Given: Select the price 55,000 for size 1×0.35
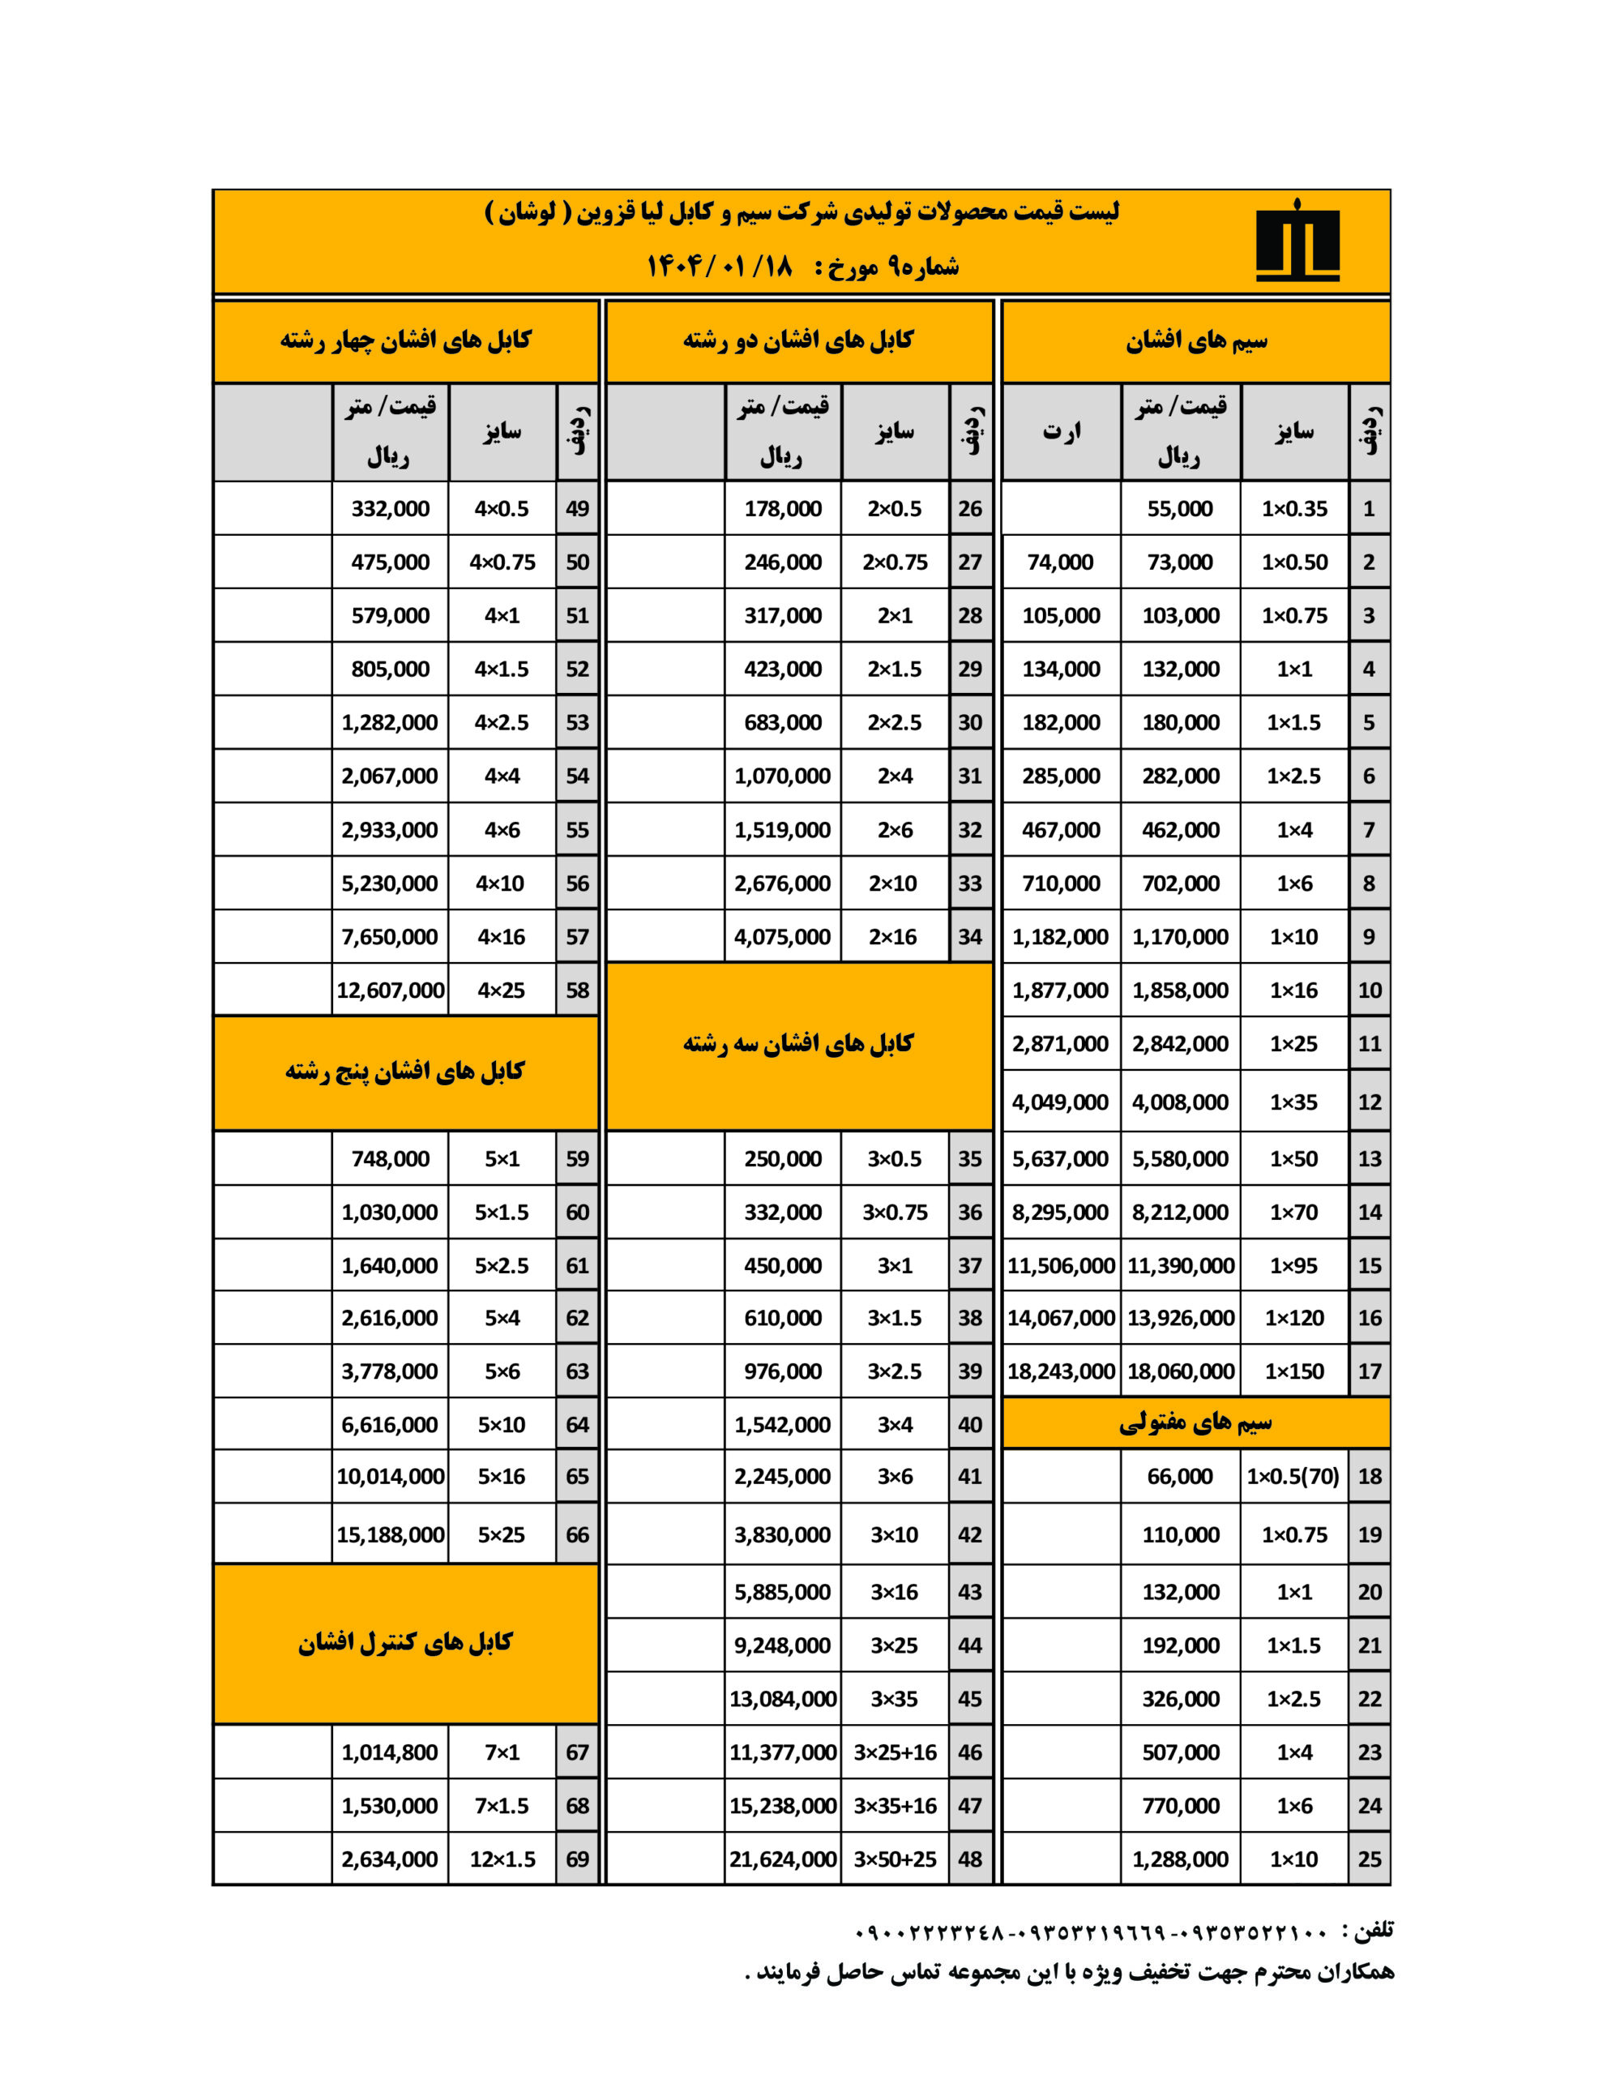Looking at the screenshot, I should [1179, 508].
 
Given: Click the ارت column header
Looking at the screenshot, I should [1062, 431].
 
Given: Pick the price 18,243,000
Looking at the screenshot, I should [1061, 1371].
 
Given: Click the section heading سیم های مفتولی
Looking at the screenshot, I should [1195, 1423].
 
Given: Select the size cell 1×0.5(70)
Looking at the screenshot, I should [1293, 1475].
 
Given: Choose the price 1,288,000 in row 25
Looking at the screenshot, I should [1179, 1859].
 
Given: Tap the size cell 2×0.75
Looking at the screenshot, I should [894, 562].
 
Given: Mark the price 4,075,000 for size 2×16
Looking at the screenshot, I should [782, 937].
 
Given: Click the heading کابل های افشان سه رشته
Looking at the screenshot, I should [798, 1044].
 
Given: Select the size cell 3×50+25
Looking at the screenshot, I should [894, 1859].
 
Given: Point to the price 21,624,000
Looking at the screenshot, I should [782, 1859].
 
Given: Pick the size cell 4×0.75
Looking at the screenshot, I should [502, 562].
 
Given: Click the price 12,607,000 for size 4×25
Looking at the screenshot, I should [390, 990].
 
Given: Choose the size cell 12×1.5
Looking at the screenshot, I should [502, 1859].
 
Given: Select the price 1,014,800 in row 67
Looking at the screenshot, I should [390, 1752].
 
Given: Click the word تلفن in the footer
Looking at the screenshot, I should [1373, 1930].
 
